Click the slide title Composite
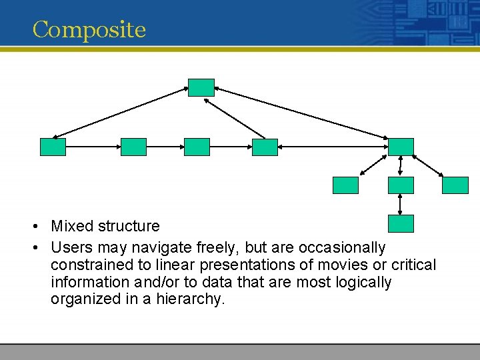pos(89,30)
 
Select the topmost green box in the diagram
pos(201,87)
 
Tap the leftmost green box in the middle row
pos(53,147)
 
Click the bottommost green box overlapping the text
pos(401,223)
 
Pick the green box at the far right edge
pos(455,185)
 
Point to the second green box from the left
pos(133,147)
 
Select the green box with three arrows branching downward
pos(401,147)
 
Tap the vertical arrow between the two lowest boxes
pos(400,204)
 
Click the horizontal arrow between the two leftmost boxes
pos(93,147)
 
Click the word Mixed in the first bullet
pos(71,227)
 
